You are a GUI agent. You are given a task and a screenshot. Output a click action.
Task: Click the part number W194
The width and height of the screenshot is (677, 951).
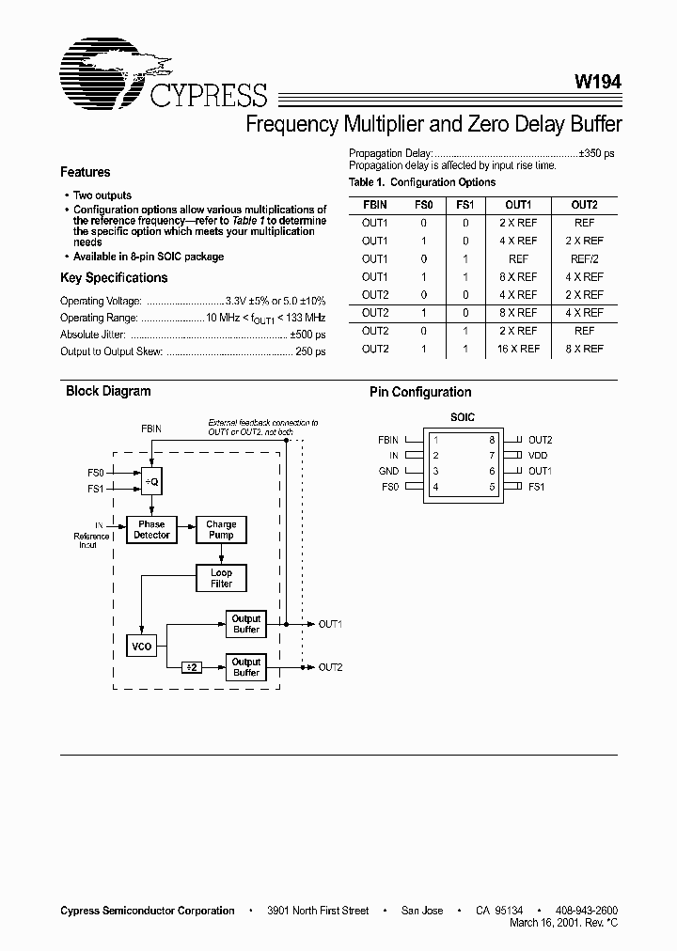coord(599,83)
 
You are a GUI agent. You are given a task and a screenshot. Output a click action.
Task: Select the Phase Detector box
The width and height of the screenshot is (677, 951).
coord(151,530)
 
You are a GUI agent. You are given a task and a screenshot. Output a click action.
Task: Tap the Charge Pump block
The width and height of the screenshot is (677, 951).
coord(221,530)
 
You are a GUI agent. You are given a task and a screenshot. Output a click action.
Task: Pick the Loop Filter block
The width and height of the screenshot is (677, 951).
coord(221,578)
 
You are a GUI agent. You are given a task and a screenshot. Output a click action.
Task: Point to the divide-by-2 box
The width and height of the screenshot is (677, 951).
coord(191,666)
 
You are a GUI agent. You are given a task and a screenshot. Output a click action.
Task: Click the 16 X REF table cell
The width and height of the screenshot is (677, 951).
coord(518,349)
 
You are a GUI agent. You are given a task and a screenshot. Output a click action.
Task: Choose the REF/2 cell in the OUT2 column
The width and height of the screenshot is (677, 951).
coord(584,258)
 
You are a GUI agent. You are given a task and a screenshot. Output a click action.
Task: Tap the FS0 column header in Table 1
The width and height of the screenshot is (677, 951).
coord(424,204)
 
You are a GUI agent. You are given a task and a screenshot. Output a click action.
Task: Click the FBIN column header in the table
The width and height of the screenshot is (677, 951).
coord(374,204)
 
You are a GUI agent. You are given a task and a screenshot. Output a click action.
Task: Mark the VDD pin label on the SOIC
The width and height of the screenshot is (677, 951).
coord(538,455)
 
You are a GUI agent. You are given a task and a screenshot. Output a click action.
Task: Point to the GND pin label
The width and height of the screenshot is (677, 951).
coord(388,471)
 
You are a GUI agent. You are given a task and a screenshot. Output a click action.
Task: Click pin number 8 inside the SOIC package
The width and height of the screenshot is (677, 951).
coord(491,439)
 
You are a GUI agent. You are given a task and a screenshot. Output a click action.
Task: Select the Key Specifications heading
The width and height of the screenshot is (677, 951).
coord(114,278)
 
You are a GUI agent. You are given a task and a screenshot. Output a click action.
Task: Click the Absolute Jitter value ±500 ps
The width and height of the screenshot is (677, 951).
coord(307,335)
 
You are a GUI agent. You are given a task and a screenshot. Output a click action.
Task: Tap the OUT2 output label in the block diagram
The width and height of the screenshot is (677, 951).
coord(330,667)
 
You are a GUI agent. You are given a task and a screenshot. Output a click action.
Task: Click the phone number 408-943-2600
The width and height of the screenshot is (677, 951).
coord(587,911)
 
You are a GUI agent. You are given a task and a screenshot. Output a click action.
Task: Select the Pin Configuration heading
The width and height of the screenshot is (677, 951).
coord(420,392)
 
